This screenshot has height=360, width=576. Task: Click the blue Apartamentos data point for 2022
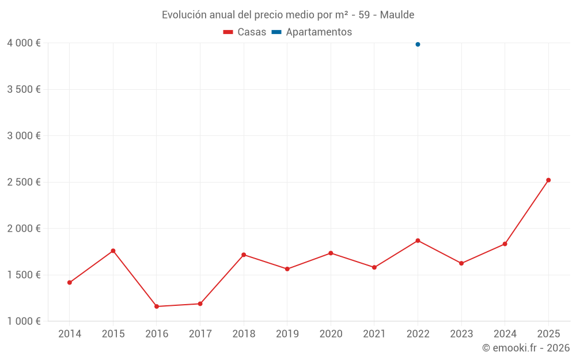[x=418, y=44]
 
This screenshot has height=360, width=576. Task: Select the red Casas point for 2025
[x=548, y=180]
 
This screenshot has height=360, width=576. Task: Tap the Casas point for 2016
[x=157, y=306]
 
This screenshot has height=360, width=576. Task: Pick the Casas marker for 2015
[x=113, y=251]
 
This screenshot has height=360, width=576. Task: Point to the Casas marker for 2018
[x=244, y=255]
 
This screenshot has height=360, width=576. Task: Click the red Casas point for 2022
[x=418, y=240]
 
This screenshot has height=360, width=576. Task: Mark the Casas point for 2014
[x=70, y=282]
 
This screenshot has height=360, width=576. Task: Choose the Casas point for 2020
[x=331, y=253]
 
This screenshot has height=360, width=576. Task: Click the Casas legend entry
[x=245, y=32]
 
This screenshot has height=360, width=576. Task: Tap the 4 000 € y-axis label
[x=24, y=43]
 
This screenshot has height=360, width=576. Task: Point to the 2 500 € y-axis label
[x=24, y=182]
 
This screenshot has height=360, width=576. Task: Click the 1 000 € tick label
[x=24, y=321]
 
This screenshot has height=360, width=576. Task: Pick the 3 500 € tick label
[x=24, y=89]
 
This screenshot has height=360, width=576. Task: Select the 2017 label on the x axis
[x=200, y=334]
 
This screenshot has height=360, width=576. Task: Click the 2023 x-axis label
[x=461, y=334]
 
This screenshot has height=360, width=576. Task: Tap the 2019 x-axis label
[x=287, y=334]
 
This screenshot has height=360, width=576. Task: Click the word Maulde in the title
[x=397, y=14]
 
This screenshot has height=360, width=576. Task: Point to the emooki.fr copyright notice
[x=525, y=348]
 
